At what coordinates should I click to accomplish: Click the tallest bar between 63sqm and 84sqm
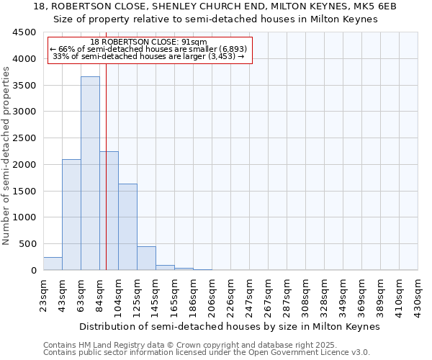tap(90, 173)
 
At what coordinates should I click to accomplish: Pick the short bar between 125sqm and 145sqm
tap(146, 258)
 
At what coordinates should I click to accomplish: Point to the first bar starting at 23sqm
tap(53, 264)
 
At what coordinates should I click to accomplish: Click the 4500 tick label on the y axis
tap(24, 32)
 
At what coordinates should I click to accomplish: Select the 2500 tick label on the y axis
tap(24, 138)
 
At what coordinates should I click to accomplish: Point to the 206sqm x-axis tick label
tap(212, 294)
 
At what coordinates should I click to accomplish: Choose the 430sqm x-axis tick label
tap(418, 294)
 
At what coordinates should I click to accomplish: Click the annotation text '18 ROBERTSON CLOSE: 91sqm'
tap(149, 42)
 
